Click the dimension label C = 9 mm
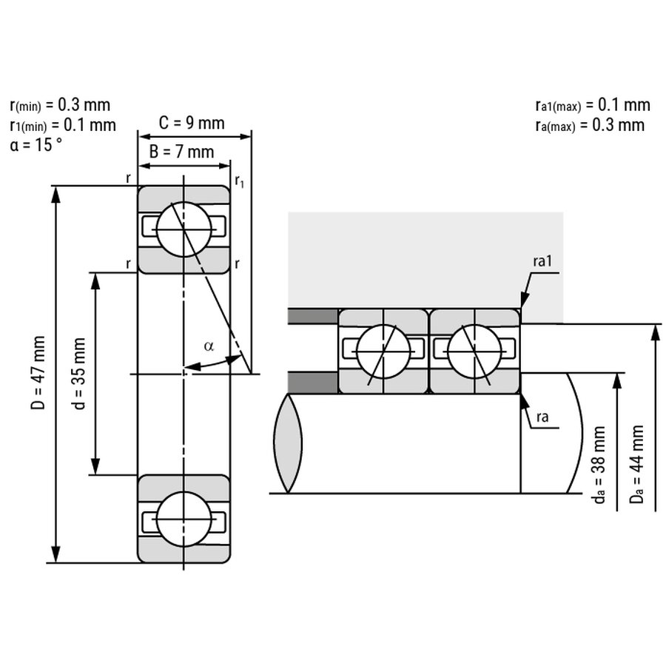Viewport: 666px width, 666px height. [x=192, y=123]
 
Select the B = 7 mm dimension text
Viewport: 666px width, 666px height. [x=181, y=152]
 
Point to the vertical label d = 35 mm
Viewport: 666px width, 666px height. [x=80, y=373]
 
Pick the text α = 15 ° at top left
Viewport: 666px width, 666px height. [x=36, y=144]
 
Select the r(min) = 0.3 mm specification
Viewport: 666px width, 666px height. [x=60, y=104]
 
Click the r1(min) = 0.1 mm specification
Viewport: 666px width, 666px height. [x=63, y=124]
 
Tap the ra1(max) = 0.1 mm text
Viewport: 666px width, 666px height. [x=592, y=104]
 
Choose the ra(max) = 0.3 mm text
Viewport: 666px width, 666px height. [x=590, y=124]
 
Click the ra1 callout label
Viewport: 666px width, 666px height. [x=543, y=263]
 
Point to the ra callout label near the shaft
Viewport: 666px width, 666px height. [x=542, y=417]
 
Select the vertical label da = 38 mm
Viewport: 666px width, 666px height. [x=599, y=465]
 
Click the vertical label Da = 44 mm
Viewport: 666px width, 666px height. [x=636, y=464]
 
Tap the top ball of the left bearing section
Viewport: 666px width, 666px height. [x=184, y=229]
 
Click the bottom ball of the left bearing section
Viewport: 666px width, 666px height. [x=184, y=519]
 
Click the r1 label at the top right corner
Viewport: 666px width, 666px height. [x=240, y=181]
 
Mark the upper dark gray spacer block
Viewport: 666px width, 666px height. [x=313, y=316]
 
